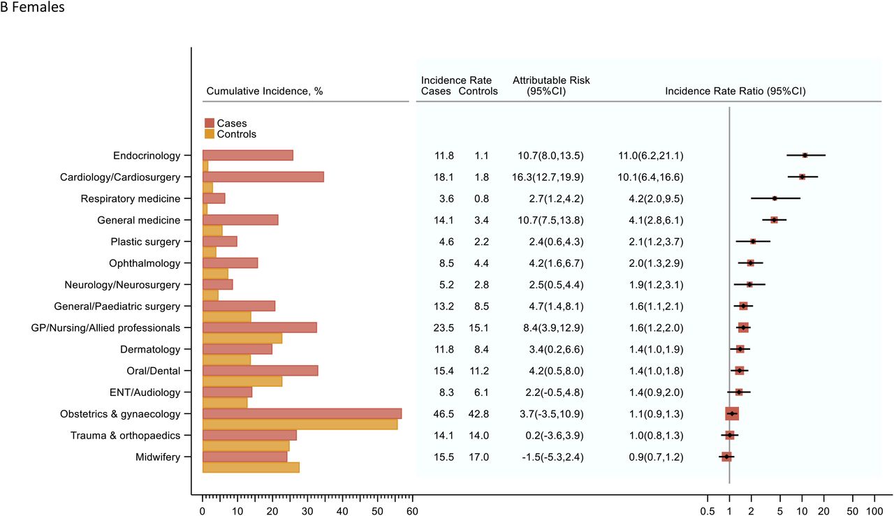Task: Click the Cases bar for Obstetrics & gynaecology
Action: point(302,414)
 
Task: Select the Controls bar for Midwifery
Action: point(251,467)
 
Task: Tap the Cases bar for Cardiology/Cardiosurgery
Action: point(263,177)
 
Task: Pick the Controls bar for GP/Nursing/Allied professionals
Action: point(242,339)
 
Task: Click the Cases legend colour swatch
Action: point(210,123)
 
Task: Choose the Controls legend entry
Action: point(230,134)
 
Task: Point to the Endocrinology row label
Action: point(147,156)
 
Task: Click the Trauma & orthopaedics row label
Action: point(125,436)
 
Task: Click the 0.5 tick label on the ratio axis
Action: point(708,511)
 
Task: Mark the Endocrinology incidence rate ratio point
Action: point(805,155)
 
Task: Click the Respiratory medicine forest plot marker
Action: point(775,198)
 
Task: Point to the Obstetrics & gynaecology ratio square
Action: point(732,414)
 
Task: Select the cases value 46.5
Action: point(444,414)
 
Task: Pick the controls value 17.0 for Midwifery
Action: point(478,457)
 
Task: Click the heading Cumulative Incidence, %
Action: point(265,91)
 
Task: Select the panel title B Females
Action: point(32,7)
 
